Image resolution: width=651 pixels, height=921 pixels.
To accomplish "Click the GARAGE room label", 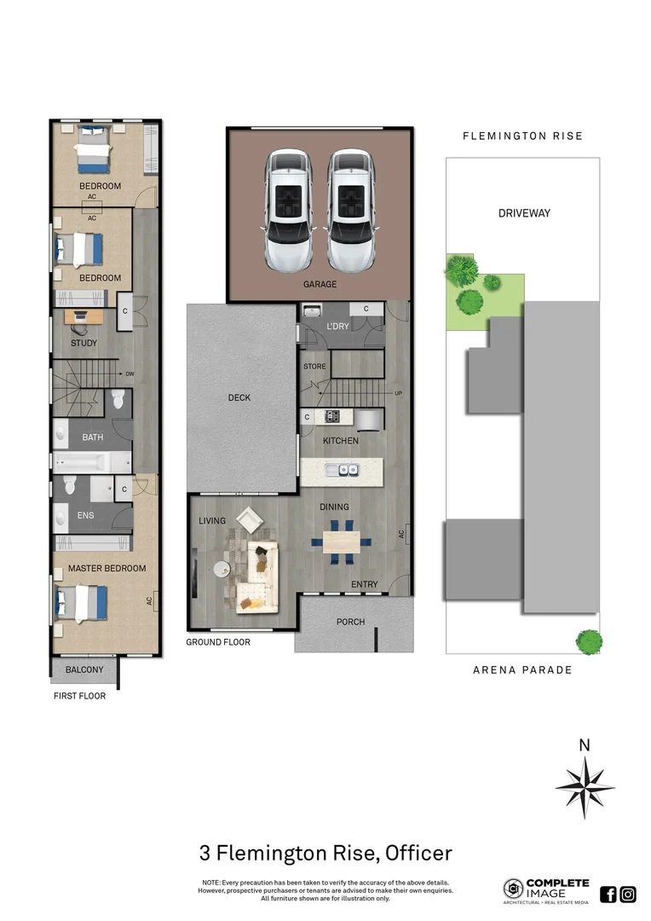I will pyautogui.click(x=320, y=284).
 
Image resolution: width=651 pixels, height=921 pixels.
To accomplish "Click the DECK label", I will pyautogui.click(x=239, y=397).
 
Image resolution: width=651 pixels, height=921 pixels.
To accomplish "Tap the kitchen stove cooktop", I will pyautogui.click(x=331, y=417).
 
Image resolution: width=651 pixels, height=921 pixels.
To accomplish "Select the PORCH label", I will pyautogui.click(x=351, y=622).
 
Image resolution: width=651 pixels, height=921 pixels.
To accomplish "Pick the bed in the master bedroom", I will pyautogui.click(x=81, y=602).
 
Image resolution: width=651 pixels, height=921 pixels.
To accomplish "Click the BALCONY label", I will pyautogui.click(x=84, y=669).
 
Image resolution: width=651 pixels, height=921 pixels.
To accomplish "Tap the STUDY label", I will pyautogui.click(x=84, y=343).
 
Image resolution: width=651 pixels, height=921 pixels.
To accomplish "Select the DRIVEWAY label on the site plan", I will pyautogui.click(x=524, y=213).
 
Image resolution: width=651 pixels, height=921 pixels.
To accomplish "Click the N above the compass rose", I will pyautogui.click(x=584, y=744).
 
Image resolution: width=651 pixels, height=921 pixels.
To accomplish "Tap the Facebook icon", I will pyautogui.click(x=608, y=894).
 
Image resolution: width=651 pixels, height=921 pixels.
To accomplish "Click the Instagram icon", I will pyautogui.click(x=628, y=894).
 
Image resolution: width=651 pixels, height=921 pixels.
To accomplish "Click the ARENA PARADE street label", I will pyautogui.click(x=522, y=669).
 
